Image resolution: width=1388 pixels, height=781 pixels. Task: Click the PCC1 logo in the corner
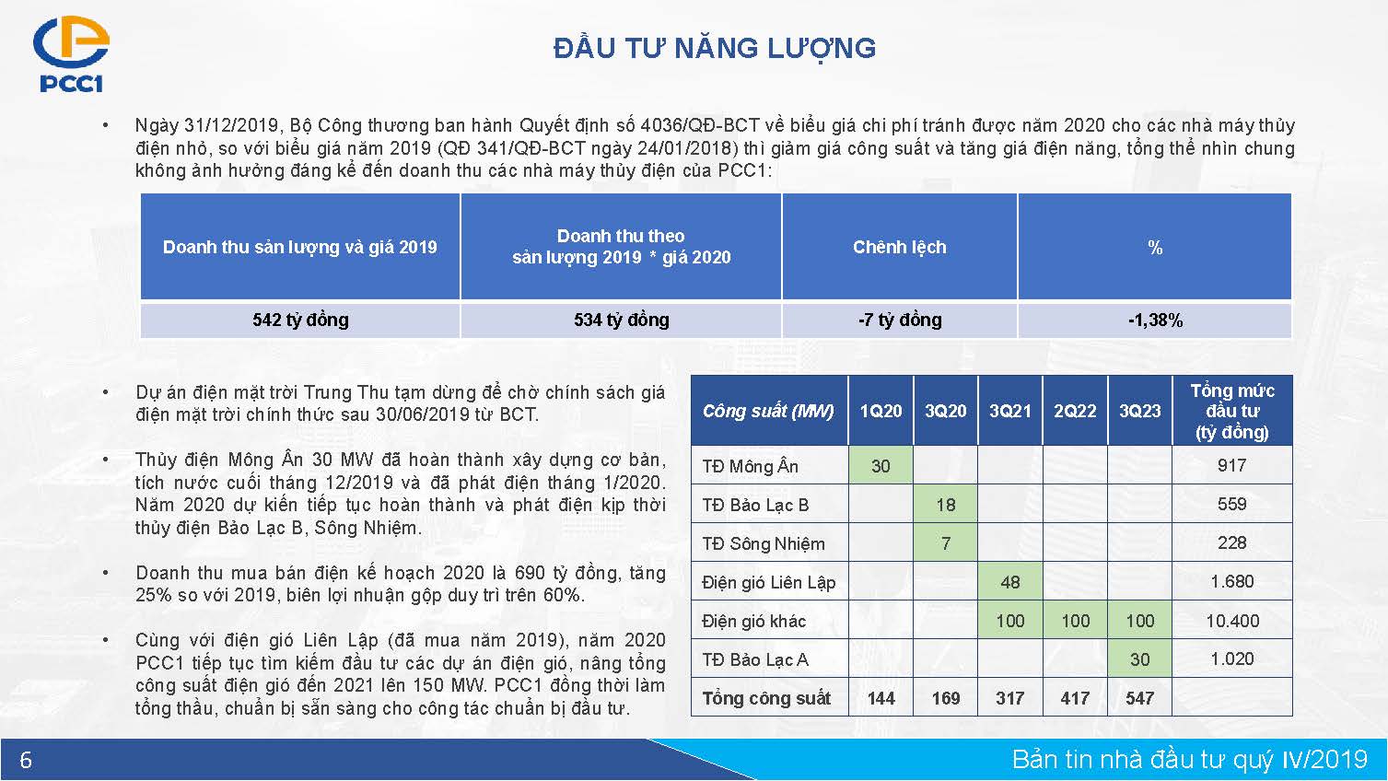click(x=71, y=54)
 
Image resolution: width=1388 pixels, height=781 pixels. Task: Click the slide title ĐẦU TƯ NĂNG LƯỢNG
click(x=715, y=48)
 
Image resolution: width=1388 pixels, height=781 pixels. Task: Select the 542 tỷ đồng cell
click(x=300, y=320)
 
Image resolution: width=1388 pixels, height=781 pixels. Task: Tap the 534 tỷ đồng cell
click(x=622, y=320)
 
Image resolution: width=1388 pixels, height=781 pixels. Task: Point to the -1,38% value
click(x=1155, y=320)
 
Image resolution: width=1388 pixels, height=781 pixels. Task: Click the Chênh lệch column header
click(x=900, y=247)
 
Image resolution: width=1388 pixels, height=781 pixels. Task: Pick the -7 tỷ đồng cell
click(x=900, y=320)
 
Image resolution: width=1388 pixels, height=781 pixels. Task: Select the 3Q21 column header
click(x=1010, y=411)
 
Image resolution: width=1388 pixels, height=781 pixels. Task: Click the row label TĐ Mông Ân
click(x=750, y=465)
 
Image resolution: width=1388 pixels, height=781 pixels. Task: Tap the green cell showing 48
click(x=1010, y=581)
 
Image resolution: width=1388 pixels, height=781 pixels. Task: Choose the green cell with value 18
click(x=946, y=504)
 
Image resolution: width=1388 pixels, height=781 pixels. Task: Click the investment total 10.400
click(x=1232, y=621)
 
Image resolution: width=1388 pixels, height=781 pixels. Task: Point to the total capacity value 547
click(x=1139, y=698)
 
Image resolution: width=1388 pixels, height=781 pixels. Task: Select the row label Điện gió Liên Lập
click(x=768, y=582)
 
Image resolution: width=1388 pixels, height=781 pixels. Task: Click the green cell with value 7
click(x=946, y=543)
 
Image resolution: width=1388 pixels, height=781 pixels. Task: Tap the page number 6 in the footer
click(x=26, y=759)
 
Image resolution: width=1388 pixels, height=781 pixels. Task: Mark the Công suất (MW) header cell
click(x=769, y=411)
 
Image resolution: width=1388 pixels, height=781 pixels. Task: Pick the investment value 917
click(x=1231, y=465)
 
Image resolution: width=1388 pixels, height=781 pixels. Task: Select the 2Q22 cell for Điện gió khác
click(x=1075, y=621)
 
